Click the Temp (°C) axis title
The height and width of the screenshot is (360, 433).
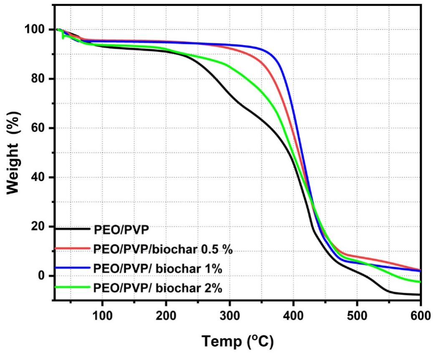click(x=238, y=342)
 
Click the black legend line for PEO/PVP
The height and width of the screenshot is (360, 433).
click(x=72, y=228)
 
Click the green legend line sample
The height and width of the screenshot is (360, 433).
click(x=72, y=287)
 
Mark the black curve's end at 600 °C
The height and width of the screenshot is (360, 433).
click(x=420, y=295)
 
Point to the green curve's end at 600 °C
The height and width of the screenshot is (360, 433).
click(x=420, y=282)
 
